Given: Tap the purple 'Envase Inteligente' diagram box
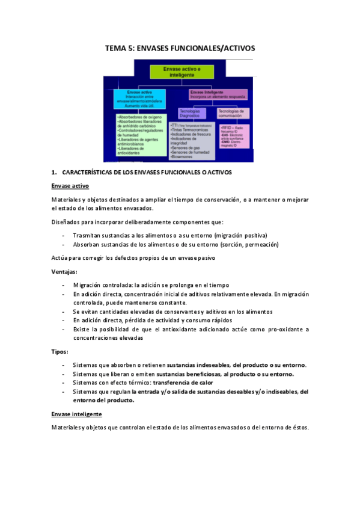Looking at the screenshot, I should (x=212, y=95).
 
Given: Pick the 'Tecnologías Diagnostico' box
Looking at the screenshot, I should (x=193, y=114).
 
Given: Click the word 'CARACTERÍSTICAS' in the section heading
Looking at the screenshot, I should (x=92, y=173).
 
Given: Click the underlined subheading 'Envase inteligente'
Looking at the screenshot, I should (x=77, y=414).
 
